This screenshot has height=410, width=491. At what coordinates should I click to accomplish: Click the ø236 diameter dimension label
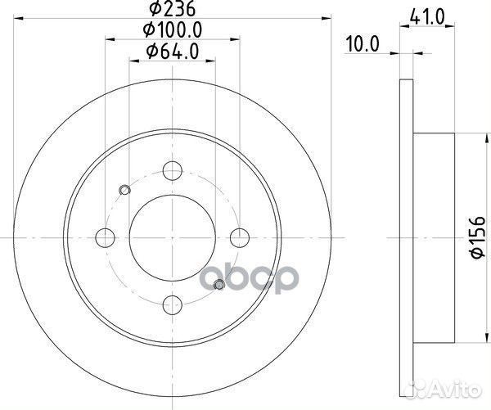pos(173,10)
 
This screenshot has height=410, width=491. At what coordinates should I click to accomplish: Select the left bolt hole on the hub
pos(105,237)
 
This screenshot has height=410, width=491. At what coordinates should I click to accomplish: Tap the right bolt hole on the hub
pos(240,237)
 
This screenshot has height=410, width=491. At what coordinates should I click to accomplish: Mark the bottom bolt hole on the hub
pos(173,305)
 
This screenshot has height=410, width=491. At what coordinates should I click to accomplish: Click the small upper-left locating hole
pos(124,191)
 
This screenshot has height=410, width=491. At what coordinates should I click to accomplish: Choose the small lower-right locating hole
pos(218,285)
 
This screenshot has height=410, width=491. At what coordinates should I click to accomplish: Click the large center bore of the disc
pos(173,237)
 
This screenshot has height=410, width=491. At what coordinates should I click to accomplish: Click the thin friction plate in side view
pos(407,237)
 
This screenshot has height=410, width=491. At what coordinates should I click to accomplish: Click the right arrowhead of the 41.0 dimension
pos(452,29)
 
